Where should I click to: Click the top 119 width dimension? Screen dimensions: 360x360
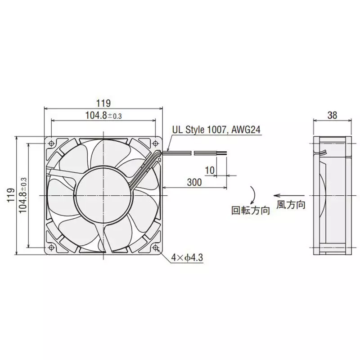(103, 103)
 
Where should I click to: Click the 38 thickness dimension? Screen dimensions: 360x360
(332, 115)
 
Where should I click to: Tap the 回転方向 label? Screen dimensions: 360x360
(250, 210)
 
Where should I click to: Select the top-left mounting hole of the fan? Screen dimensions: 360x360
(52, 144)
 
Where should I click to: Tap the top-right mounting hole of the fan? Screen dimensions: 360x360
(156, 144)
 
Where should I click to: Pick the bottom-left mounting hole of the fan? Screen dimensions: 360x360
(52, 247)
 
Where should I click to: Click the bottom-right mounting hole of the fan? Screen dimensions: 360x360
(156, 247)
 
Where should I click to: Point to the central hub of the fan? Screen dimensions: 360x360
(103, 195)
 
